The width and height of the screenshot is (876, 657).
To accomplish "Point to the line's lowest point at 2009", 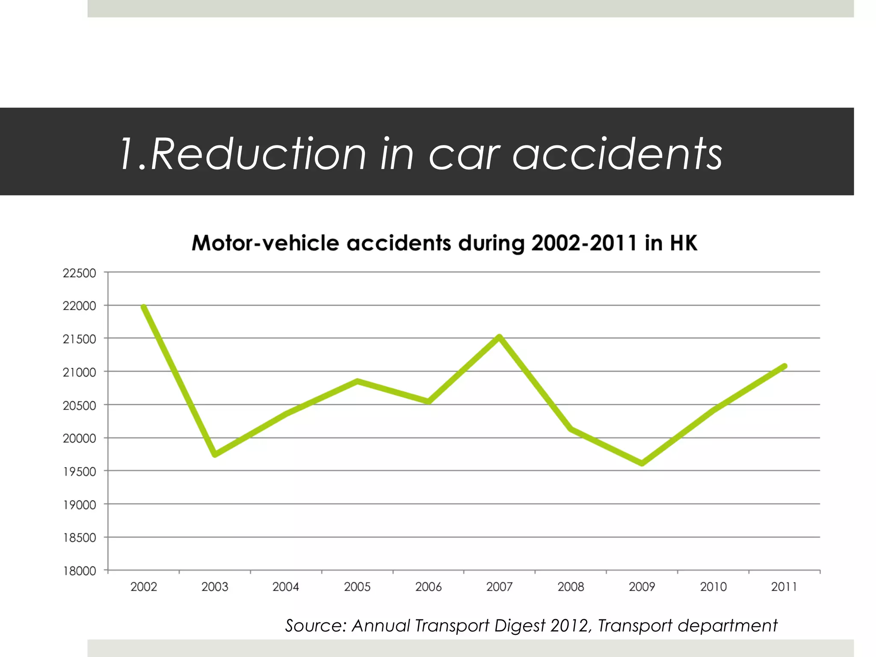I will (642, 463).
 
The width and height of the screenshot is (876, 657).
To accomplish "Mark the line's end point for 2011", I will (784, 366).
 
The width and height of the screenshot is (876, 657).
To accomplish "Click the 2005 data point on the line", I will (357, 381).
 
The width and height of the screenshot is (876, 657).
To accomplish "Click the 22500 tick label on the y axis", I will (80, 273).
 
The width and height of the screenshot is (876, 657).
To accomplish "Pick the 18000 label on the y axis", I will (80, 571).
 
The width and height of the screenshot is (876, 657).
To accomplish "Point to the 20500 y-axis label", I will (80, 405).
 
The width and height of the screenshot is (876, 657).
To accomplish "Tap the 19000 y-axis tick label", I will (80, 505).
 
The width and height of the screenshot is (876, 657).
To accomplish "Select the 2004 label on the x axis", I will (286, 586).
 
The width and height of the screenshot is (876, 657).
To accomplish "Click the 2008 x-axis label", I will (571, 586).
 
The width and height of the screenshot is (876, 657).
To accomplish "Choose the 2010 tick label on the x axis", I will (713, 586).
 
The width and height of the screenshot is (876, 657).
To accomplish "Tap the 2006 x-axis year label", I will (428, 586).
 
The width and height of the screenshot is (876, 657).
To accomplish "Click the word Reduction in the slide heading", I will (258, 154).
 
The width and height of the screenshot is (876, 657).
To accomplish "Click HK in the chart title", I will (683, 243).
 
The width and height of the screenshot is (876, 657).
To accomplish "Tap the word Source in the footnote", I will (315, 626).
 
